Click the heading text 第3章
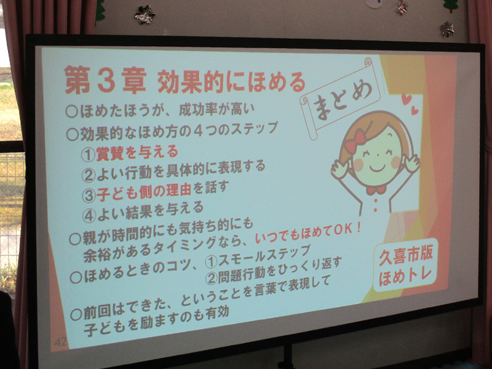(x=106, y=80)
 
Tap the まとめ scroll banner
(x=341, y=98)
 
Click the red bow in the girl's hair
(x=355, y=141)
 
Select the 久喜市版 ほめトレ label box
(x=405, y=266)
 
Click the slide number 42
(x=60, y=341)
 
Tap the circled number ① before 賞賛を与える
(x=88, y=155)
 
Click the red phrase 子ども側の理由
(x=144, y=191)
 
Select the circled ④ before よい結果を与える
(x=89, y=216)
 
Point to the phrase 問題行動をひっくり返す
(x=280, y=270)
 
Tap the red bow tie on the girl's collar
(x=376, y=190)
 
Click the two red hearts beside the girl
(x=410, y=103)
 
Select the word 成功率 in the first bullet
(x=196, y=109)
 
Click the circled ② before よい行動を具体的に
(x=89, y=175)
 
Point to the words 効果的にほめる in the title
(x=231, y=82)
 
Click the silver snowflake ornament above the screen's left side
(x=145, y=14)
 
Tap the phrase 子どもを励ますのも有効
(x=156, y=321)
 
